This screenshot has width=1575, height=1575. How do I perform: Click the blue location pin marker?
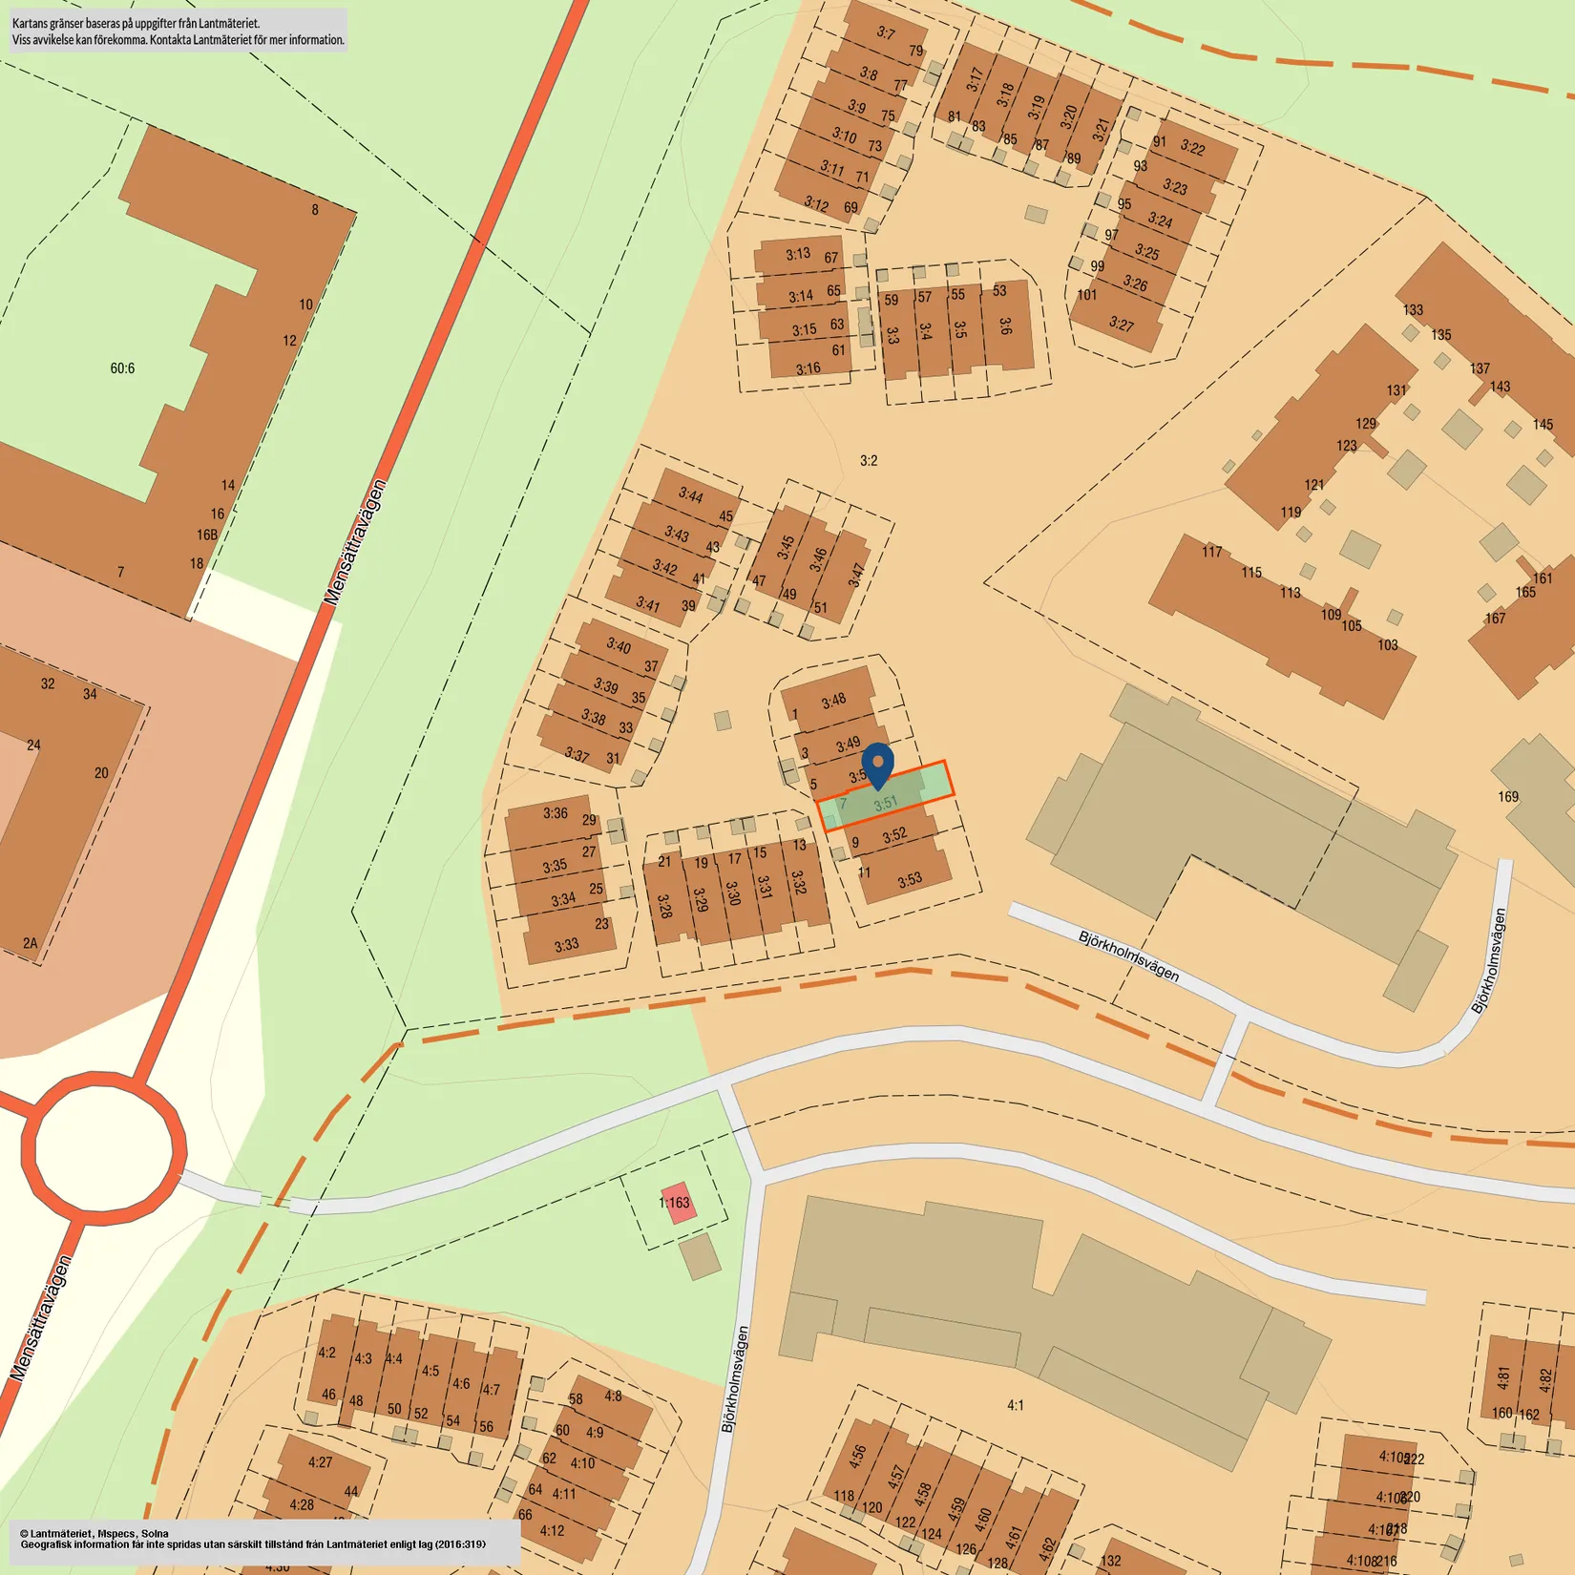click(x=878, y=764)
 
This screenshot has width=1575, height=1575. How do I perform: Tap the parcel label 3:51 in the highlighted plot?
click(x=886, y=804)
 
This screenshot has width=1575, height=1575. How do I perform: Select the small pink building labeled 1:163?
click(x=676, y=1203)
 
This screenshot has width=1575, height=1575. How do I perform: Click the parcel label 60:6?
click(x=122, y=368)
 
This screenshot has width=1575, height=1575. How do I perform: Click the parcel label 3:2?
click(x=869, y=461)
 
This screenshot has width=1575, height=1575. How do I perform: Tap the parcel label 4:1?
click(x=1016, y=1405)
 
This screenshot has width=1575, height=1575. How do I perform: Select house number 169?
click(x=1508, y=797)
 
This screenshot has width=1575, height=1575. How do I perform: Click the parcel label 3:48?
click(x=833, y=701)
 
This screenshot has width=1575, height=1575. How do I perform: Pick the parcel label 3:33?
click(x=566, y=945)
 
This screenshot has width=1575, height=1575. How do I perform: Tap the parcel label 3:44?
click(x=691, y=494)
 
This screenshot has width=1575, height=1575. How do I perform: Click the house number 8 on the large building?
click(x=315, y=210)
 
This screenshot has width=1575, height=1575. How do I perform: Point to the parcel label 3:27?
click(x=1122, y=325)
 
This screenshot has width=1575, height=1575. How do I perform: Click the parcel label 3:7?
click(x=886, y=33)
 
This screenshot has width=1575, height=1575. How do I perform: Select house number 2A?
click(x=31, y=943)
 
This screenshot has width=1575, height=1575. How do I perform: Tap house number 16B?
click(x=207, y=535)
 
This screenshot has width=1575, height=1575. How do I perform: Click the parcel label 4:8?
click(x=613, y=1396)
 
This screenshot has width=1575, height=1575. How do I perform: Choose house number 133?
click(x=1413, y=310)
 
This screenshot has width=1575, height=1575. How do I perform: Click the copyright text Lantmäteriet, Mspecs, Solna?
click(x=94, y=1533)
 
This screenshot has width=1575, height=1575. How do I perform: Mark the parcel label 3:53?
click(x=910, y=879)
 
